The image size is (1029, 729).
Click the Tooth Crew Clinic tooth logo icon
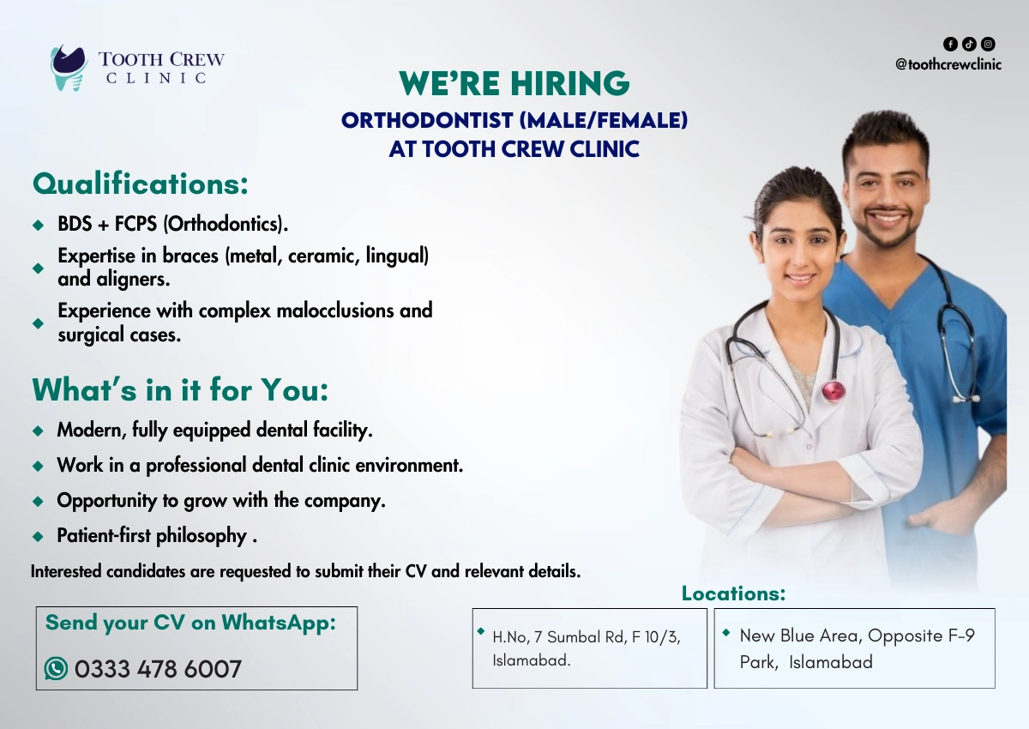pyautogui.click(x=69, y=68)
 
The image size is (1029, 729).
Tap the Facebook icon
pyautogui.click(x=950, y=44)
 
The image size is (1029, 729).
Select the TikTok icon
pyautogui.click(x=969, y=44)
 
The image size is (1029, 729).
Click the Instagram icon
pyautogui.click(x=988, y=44)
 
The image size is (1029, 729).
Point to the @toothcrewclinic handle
pyautogui.click(x=948, y=64)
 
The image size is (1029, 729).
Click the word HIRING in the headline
pyautogui.click(x=569, y=83)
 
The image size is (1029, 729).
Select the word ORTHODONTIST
pyautogui.click(x=427, y=120)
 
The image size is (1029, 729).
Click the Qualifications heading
pyautogui.click(x=140, y=184)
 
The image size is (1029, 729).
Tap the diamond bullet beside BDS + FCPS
pyautogui.click(x=38, y=225)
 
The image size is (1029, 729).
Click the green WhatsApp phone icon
pyautogui.click(x=56, y=668)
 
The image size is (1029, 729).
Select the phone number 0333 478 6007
pyautogui.click(x=158, y=669)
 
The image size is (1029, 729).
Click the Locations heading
pyautogui.click(x=733, y=593)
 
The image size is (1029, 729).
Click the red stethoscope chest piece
pyautogui.click(x=833, y=390)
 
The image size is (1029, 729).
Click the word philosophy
pyautogui.click(x=202, y=536)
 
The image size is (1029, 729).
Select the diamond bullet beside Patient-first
pyautogui.click(x=38, y=536)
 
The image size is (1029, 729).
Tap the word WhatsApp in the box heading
pyautogui.click(x=279, y=623)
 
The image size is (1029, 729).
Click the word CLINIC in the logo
pyautogui.click(x=156, y=78)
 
